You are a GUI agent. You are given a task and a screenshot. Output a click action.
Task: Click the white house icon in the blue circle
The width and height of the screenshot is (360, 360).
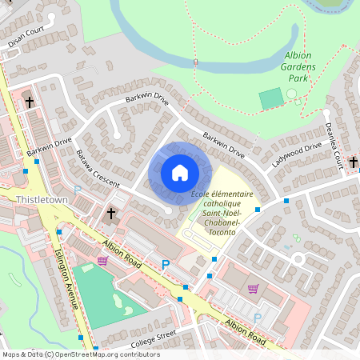[179, 173]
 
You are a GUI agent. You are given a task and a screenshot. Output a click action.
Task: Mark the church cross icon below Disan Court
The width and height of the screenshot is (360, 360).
[30, 102]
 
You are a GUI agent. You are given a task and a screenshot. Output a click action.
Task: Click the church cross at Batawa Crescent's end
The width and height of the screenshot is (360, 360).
[112, 214]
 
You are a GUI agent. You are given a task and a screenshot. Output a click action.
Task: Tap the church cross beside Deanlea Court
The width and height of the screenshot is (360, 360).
[353, 162]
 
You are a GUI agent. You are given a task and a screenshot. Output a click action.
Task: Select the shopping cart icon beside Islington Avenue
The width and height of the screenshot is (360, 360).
[102, 261]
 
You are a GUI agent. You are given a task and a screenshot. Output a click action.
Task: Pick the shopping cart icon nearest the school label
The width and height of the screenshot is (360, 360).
[253, 289]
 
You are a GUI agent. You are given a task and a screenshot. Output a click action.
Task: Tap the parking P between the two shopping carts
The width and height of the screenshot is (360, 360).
[166, 265]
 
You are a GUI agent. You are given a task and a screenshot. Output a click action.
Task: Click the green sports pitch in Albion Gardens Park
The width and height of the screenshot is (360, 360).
[271, 99]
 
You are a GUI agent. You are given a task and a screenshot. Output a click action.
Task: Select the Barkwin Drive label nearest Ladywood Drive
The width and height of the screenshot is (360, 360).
[224, 143]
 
